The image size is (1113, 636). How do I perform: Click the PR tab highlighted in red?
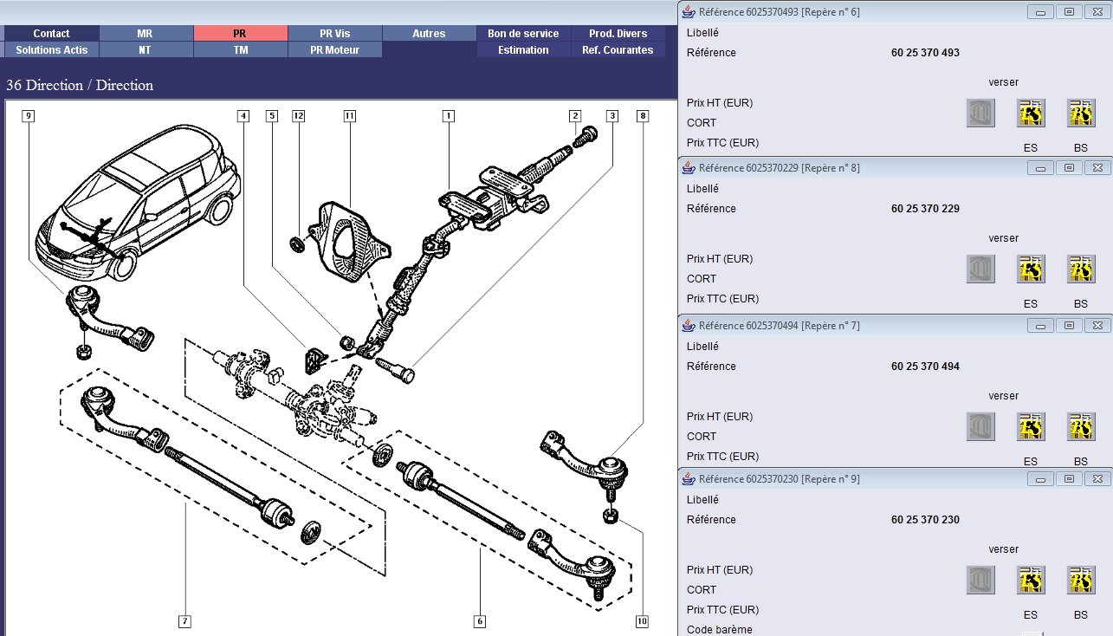(240, 33)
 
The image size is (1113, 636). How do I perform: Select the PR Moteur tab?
(334, 50)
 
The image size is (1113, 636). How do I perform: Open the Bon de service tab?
(523, 33)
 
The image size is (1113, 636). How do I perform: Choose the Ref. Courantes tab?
(618, 50)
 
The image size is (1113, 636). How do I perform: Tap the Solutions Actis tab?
(52, 50)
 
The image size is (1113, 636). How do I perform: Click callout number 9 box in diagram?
(29, 115)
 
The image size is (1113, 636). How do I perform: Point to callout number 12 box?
(298, 115)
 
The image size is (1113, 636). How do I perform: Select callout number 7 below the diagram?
(184, 620)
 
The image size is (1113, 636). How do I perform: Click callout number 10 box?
(642, 620)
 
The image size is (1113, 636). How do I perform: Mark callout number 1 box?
(448, 115)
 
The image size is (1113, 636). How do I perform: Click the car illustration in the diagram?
(139, 204)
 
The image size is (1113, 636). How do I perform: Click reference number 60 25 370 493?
(925, 53)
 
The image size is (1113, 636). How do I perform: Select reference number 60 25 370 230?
(925, 520)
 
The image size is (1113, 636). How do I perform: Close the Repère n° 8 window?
(1097, 167)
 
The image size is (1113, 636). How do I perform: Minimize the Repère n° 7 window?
(1041, 325)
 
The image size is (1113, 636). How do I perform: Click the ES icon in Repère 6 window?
(1030, 114)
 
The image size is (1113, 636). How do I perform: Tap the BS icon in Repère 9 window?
(1080, 581)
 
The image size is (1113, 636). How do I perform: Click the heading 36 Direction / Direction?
(80, 85)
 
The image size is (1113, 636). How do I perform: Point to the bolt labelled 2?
(588, 137)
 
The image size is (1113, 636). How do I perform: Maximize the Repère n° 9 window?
(1069, 478)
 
